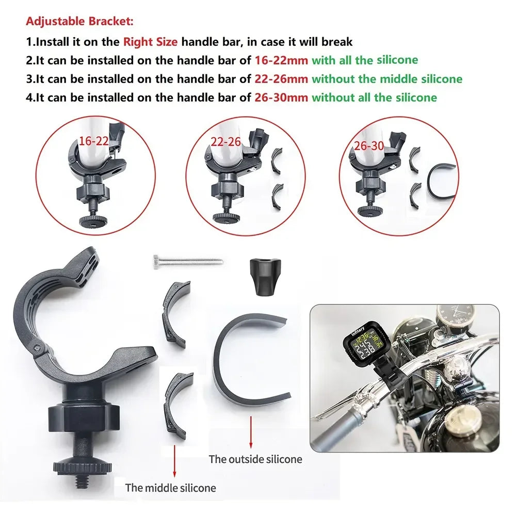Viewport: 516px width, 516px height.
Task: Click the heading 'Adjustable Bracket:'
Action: (x=79, y=22)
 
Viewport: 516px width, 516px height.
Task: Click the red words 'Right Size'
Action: (x=150, y=41)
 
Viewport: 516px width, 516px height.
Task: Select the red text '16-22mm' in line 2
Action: (x=281, y=60)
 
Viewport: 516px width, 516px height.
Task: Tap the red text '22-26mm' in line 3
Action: (x=281, y=79)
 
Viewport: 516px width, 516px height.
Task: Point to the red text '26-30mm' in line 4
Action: (x=281, y=98)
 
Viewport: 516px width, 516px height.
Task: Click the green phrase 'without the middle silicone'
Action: (x=387, y=79)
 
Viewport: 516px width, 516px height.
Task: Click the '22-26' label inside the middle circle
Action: (x=226, y=141)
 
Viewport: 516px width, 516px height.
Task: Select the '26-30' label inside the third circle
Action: (x=368, y=146)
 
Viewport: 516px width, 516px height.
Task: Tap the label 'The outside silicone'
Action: (x=255, y=459)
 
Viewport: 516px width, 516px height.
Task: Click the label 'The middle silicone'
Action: (x=171, y=487)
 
